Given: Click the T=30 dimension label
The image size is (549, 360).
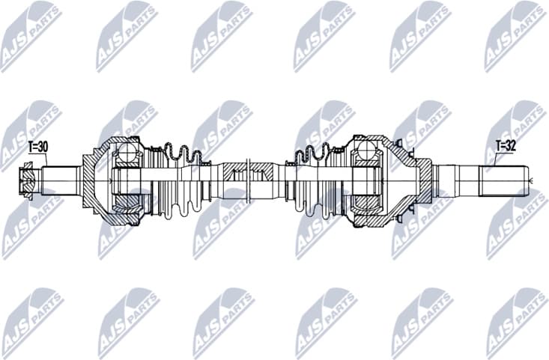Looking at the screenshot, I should point(37,147).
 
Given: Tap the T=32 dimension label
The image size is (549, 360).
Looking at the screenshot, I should point(506,146).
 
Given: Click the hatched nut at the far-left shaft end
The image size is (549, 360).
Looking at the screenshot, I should point(28,180).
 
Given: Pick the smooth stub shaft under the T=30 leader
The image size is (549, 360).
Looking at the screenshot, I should point(60,180).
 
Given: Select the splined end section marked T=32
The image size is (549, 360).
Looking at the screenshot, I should point(503,180).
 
